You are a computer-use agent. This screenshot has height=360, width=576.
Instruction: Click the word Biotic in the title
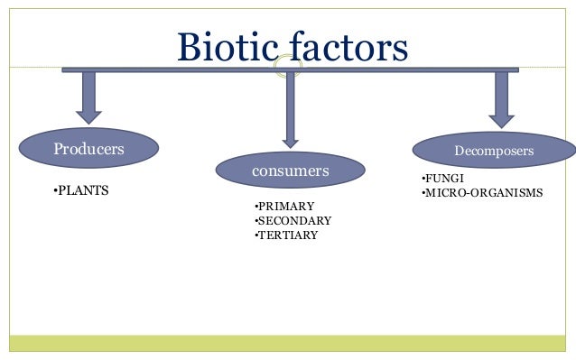pyautogui.click(x=228, y=47)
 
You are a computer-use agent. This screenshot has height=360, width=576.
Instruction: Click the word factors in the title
pyautogui.click(x=348, y=47)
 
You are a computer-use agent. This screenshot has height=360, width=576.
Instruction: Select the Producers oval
pyautogui.click(x=88, y=149)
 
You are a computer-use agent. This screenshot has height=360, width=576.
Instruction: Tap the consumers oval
pyautogui.click(x=290, y=170)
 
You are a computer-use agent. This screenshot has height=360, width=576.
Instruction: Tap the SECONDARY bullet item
pyautogui.click(x=293, y=220)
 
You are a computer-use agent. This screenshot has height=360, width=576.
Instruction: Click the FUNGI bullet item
pyautogui.click(x=443, y=179)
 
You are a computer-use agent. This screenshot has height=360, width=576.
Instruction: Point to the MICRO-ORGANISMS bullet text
pyautogui.click(x=482, y=192)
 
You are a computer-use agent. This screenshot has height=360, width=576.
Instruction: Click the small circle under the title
pyautogui.click(x=288, y=69)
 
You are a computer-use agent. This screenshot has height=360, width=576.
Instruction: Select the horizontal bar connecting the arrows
pyautogui.click(x=181, y=69)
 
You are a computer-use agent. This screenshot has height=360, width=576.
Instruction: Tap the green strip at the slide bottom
pyautogui.click(x=288, y=343)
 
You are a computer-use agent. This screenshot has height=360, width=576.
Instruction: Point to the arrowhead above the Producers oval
pyautogui.click(x=88, y=115)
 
